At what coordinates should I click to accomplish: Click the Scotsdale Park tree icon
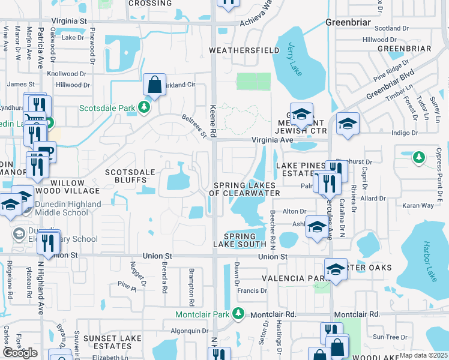coord(144,107)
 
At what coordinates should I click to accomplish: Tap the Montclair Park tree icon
coord(239,314)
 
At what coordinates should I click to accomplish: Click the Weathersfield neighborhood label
coord(243,50)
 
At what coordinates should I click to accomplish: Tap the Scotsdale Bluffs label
coord(126,176)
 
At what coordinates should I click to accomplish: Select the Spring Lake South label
coord(245,240)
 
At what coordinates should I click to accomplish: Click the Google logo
coord(20,352)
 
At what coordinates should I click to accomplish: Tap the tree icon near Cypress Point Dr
coord(420,158)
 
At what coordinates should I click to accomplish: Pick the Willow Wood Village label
coord(66,187)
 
